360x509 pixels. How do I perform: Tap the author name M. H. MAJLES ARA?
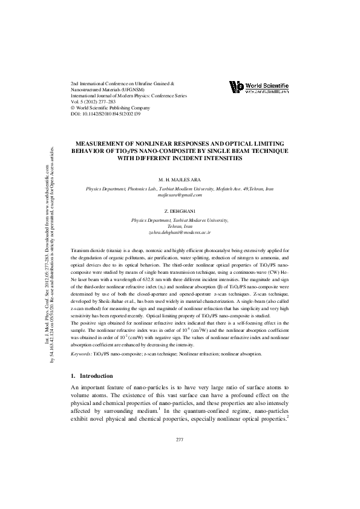coord(179,179)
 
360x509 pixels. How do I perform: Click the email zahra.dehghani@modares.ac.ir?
coord(179,232)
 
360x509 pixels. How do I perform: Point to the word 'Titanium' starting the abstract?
coord(80,250)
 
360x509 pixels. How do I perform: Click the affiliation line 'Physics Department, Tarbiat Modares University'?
coord(179,221)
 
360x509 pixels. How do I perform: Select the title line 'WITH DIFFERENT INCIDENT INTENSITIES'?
coord(179,158)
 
